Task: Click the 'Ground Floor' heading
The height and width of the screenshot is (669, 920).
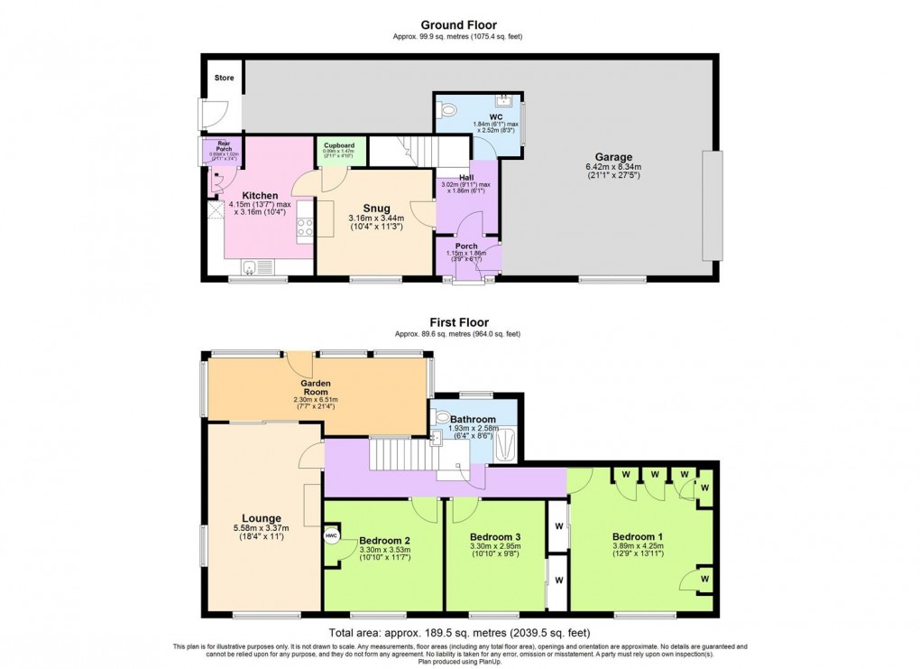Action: pyautogui.click(x=459, y=25)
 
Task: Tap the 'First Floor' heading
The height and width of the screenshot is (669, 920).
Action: pyautogui.click(x=459, y=322)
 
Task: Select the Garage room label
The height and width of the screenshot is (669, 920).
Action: pyautogui.click(x=613, y=156)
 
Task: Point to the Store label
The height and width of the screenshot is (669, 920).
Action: pyautogui.click(x=224, y=79)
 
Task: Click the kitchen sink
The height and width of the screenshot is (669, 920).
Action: pyautogui.click(x=250, y=265)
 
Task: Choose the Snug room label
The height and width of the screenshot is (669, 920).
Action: pyautogui.click(x=376, y=208)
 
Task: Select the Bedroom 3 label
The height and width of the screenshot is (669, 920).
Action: pyautogui.click(x=495, y=535)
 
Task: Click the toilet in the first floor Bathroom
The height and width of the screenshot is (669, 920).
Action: pyautogui.click(x=441, y=419)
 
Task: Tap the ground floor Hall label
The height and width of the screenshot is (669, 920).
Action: pyautogui.click(x=466, y=178)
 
